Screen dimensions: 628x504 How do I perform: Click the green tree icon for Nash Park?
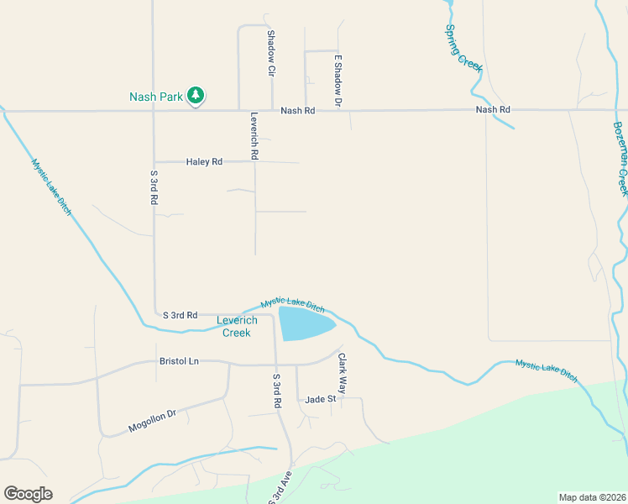click(196, 96)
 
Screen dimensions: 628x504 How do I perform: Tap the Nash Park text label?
click(156, 97)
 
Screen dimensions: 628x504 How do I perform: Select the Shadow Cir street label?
click(271, 53)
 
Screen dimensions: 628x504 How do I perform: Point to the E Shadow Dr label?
click(338, 81)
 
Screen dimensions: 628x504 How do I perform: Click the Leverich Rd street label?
click(253, 137)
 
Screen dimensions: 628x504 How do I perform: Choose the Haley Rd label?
click(204, 161)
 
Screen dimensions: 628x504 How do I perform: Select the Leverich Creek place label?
click(236, 327)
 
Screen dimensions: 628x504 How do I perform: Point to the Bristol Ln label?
click(179, 361)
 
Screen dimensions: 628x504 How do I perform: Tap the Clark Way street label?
click(342, 373)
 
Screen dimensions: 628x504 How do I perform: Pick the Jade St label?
click(321, 399)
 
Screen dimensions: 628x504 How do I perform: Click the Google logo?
click(28, 494)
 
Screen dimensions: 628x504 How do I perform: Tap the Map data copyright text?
click(592, 496)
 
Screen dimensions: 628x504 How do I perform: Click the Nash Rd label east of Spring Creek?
click(492, 110)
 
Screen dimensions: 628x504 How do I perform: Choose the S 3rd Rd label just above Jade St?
click(275, 391)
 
